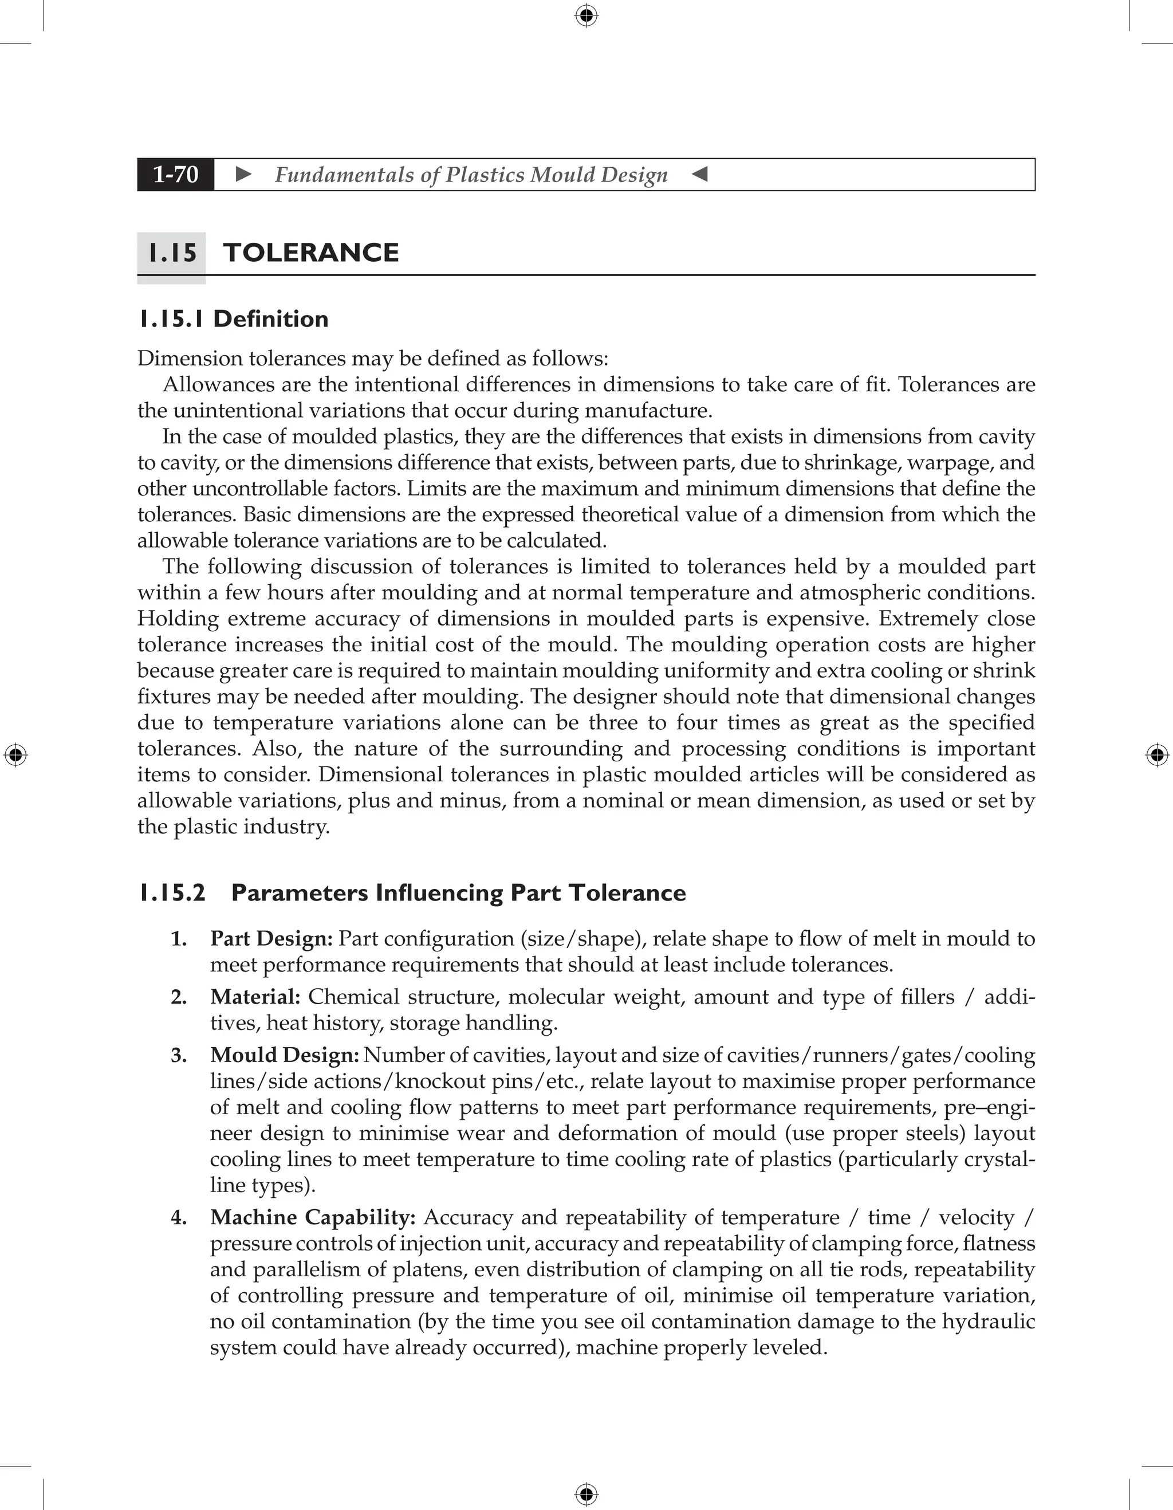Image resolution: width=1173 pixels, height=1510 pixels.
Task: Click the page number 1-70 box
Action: pyautogui.click(x=176, y=174)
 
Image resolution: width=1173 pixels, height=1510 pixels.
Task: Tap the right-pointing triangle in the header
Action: pyautogui.click(x=243, y=174)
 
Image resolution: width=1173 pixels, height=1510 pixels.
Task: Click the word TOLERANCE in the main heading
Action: pyautogui.click(x=311, y=253)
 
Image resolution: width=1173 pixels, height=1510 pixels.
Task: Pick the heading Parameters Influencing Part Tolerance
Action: pyautogui.click(x=458, y=892)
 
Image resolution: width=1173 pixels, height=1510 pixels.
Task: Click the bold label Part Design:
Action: pyautogui.click(x=271, y=939)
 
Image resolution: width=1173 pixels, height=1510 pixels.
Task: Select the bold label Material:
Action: pyautogui.click(x=255, y=997)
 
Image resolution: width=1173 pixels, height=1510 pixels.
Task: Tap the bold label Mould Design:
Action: pyautogui.click(x=284, y=1055)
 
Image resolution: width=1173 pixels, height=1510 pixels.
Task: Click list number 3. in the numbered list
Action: pyautogui.click(x=179, y=1055)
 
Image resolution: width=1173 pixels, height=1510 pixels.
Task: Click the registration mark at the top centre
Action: pyautogui.click(x=586, y=15)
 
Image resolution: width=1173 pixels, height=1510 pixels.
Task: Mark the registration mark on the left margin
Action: pyautogui.click(x=15, y=755)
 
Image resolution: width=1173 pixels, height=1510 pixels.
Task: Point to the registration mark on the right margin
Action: pyautogui.click(x=1157, y=755)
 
